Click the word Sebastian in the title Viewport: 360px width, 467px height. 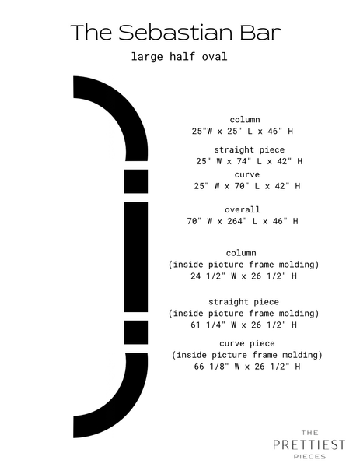coord(175,32)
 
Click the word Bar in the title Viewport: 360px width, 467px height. coord(260,32)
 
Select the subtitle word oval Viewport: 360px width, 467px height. coord(215,56)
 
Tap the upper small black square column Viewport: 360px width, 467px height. coord(136,181)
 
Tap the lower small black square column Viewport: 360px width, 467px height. coord(136,332)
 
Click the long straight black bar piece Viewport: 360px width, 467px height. coord(136,257)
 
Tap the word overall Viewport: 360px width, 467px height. coord(243,209)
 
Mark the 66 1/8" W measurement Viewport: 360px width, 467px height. coord(217,367)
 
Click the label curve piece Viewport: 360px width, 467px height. coord(247,343)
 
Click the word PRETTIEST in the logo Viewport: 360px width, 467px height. coord(309,444)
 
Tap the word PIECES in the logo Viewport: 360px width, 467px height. coord(309,456)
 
